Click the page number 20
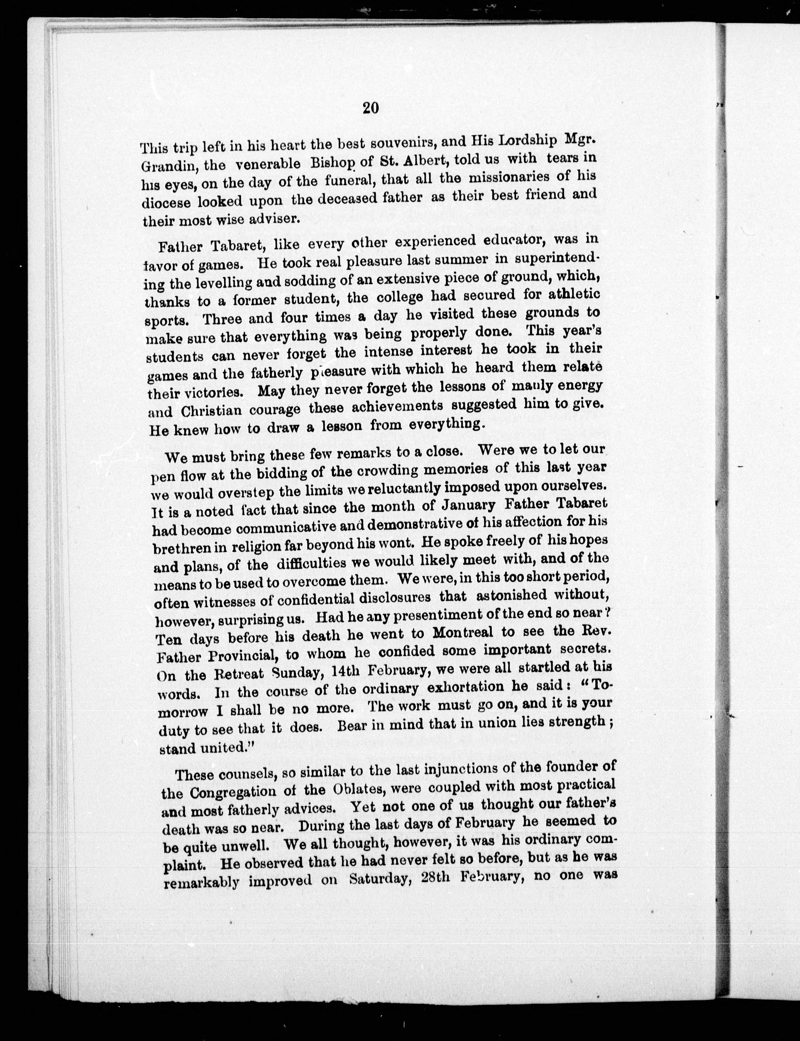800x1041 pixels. click(371, 108)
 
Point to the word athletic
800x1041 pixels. click(573, 292)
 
